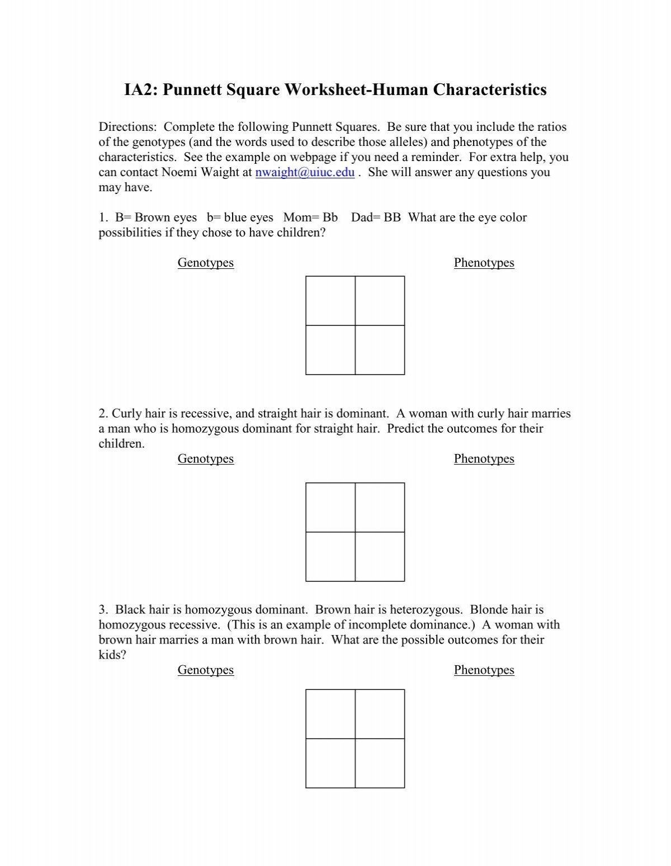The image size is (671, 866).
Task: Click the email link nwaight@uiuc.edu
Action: click(x=305, y=173)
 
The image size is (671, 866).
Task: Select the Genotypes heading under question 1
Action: click(x=205, y=263)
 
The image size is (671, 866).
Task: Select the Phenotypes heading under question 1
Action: click(x=484, y=263)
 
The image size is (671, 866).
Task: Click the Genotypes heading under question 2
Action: click(x=205, y=459)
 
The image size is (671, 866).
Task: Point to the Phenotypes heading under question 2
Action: click(x=484, y=459)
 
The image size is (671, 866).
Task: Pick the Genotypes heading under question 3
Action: click(x=205, y=670)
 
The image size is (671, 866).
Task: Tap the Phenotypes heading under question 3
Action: click(x=484, y=670)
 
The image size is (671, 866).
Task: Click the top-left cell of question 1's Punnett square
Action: click(x=330, y=301)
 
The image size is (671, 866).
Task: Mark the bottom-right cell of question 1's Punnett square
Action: click(x=380, y=350)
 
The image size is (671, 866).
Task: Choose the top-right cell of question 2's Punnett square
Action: click(x=380, y=508)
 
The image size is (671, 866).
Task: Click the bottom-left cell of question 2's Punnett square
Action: click(x=330, y=557)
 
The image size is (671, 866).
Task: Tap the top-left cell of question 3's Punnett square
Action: click(x=330, y=714)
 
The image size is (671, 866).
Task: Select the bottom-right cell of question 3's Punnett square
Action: click(x=380, y=763)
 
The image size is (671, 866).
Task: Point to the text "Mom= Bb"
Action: click(x=310, y=217)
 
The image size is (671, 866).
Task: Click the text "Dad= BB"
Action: click(x=376, y=217)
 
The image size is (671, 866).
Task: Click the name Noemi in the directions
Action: click(x=178, y=173)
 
